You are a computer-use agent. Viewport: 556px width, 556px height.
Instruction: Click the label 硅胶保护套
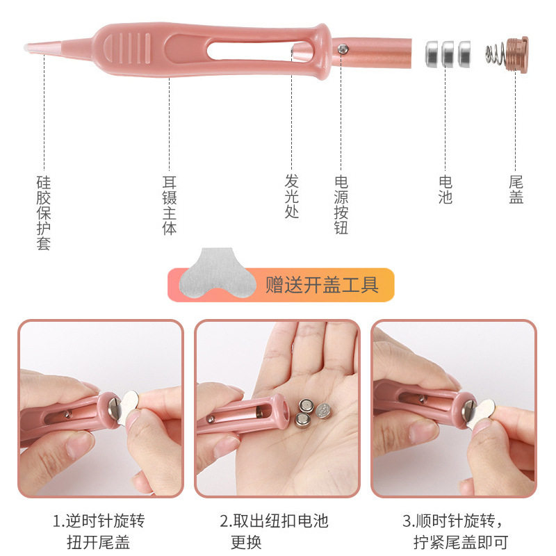coord(44,213)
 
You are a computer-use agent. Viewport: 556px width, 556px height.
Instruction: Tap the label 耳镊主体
coord(170,205)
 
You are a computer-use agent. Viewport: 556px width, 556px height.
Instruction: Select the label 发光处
coord(291,196)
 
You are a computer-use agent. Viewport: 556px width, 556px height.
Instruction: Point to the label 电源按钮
coord(341,204)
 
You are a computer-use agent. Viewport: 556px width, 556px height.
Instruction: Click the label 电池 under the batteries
coord(445,190)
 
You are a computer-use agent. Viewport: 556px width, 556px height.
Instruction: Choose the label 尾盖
coord(516,190)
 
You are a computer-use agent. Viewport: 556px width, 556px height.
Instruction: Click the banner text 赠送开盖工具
coord(322,285)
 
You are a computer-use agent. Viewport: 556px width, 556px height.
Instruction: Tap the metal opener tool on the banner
coord(218,272)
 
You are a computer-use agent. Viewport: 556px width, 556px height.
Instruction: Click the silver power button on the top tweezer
coord(342,49)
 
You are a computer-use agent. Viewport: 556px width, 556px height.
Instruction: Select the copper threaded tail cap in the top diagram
coord(516,55)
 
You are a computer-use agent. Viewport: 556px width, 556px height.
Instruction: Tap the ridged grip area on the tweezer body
coord(126,49)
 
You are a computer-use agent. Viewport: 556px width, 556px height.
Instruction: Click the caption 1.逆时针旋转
coord(99,521)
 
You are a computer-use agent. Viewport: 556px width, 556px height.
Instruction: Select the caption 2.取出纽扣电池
coord(274,521)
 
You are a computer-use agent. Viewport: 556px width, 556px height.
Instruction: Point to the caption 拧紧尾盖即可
coord(461,542)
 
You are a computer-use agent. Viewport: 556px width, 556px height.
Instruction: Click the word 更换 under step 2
coord(246,542)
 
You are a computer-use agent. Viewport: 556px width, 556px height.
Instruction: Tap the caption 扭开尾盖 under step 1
coord(98,542)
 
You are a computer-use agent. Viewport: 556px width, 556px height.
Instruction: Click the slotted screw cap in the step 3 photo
coord(468,409)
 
